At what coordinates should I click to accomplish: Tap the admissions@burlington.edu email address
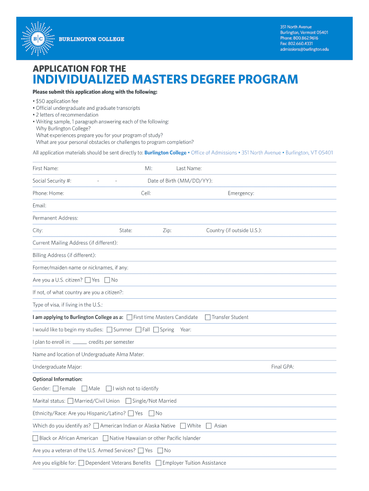click(x=304, y=49)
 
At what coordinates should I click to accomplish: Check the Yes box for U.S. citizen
click(x=88, y=280)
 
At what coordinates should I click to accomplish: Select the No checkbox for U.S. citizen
click(x=107, y=280)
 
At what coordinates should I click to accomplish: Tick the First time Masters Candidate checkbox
click(x=129, y=317)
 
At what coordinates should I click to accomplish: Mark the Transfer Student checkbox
click(x=208, y=317)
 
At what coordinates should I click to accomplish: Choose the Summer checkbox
click(x=109, y=329)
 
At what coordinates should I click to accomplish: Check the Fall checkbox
click(x=138, y=329)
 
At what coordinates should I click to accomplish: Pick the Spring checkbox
click(x=156, y=329)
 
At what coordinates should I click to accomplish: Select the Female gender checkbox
click(x=56, y=388)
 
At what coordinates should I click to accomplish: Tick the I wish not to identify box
click(x=109, y=388)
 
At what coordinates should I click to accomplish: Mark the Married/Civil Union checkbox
click(x=70, y=401)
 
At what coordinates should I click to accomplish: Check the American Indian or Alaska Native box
click(x=96, y=426)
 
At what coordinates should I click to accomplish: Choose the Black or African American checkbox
click(x=35, y=438)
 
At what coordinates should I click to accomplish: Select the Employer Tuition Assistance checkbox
click(x=159, y=463)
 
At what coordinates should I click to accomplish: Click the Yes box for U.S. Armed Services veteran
click(x=141, y=451)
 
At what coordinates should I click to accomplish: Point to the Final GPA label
click(x=282, y=367)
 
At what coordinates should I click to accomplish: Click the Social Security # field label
click(x=52, y=181)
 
